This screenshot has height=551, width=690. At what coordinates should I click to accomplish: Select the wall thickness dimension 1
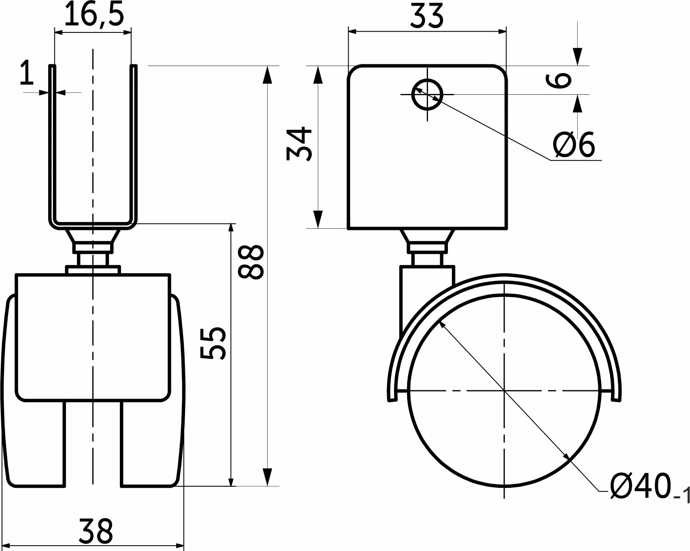click(x=27, y=73)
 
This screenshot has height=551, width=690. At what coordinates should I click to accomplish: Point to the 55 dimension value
click(x=213, y=342)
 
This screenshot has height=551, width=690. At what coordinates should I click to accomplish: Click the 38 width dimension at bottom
click(x=96, y=531)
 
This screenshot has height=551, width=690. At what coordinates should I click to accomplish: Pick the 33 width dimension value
click(x=428, y=16)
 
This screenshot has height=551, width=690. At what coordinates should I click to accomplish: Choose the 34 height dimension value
click(x=299, y=144)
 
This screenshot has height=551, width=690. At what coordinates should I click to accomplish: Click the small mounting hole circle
click(x=427, y=94)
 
